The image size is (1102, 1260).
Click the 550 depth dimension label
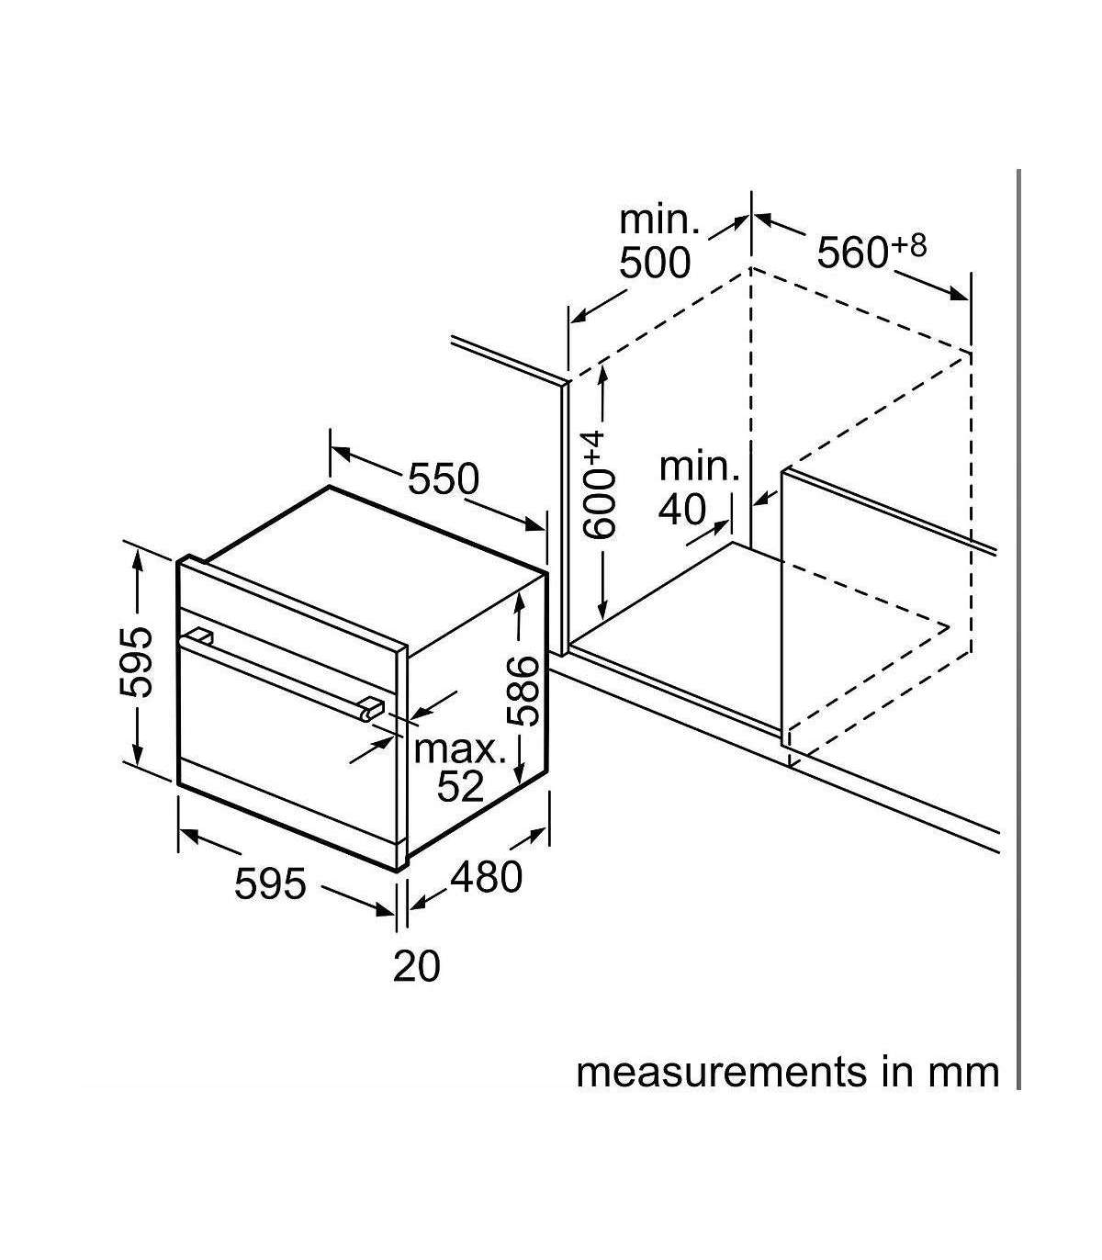tap(444, 478)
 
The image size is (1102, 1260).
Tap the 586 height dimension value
tap(523, 691)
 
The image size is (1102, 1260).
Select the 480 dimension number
tap(487, 877)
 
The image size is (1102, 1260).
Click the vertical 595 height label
tap(135, 663)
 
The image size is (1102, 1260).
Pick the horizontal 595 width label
tap(270, 883)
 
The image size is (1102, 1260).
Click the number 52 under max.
tap(460, 786)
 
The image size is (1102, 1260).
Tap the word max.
tap(459, 749)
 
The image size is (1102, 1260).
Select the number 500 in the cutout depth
tap(655, 263)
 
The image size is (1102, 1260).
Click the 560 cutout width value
tap(852, 253)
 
